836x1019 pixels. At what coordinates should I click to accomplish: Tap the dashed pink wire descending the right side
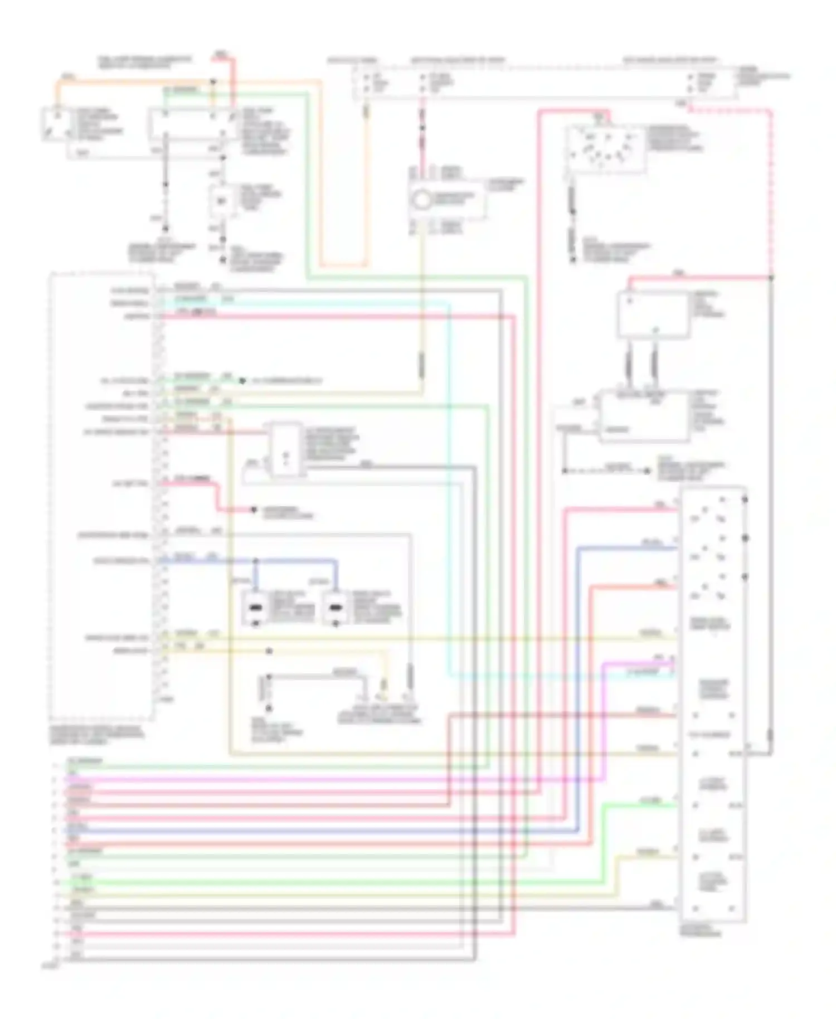(x=771, y=195)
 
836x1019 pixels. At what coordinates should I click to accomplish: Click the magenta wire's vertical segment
(x=605, y=719)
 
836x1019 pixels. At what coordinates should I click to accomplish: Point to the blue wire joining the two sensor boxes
(x=295, y=560)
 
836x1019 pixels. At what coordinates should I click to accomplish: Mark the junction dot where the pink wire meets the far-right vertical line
(x=771, y=277)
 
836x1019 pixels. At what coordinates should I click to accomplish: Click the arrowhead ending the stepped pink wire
(x=254, y=509)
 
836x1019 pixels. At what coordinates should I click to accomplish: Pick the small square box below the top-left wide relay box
(x=221, y=201)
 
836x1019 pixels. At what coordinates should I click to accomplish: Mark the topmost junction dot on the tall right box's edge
(x=745, y=499)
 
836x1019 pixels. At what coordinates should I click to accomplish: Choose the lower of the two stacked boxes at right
(x=644, y=416)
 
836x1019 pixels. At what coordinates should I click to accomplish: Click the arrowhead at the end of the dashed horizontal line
(x=648, y=471)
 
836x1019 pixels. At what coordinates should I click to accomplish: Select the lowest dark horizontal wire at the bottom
(x=268, y=959)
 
